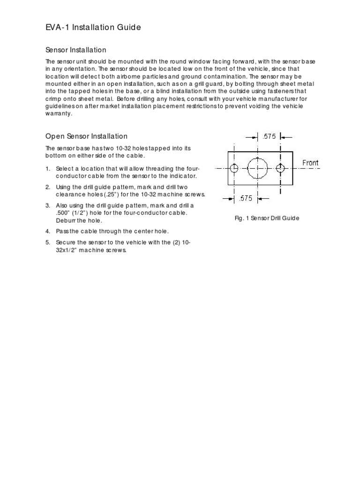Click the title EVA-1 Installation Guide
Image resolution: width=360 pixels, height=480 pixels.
(93, 28)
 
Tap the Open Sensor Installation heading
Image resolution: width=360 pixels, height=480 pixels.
(86, 136)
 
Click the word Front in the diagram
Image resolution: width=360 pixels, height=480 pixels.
(310, 163)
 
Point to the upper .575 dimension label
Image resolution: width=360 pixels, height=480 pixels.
(269, 137)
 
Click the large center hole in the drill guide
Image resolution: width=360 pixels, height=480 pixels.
(257, 168)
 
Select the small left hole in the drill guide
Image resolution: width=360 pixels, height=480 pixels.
(234, 168)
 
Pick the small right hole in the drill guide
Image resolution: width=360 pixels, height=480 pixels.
(280, 168)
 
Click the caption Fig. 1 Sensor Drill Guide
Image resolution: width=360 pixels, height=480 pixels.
(267, 218)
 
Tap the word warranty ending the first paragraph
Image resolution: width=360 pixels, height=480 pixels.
(59, 113)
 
